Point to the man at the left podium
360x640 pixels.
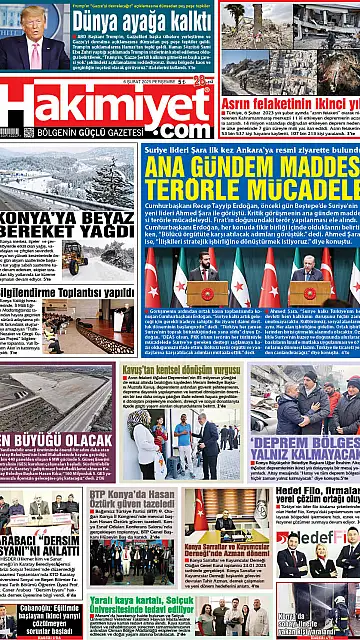coord(205,271)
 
